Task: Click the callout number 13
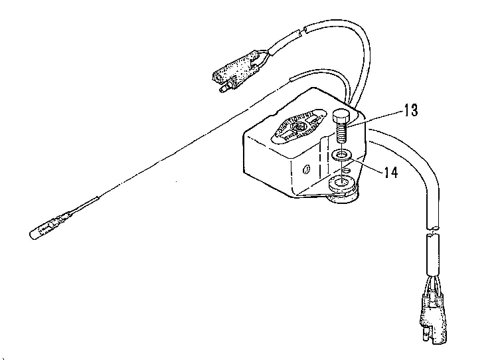click(410, 110)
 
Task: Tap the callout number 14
click(390, 173)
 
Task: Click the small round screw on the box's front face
click(305, 169)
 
